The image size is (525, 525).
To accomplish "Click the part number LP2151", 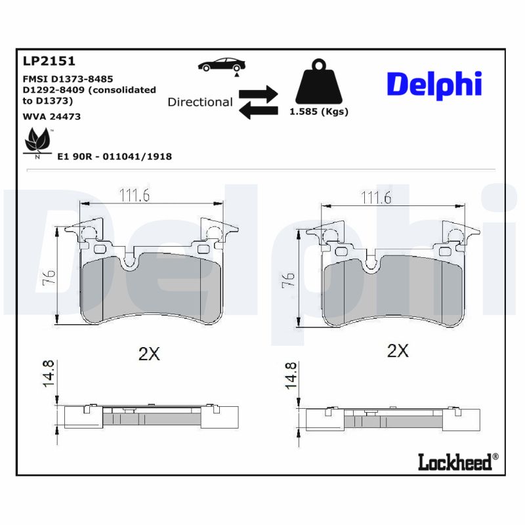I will click(49, 61).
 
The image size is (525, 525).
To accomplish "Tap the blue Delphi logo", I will click(434, 84).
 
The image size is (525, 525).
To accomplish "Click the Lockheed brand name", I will click(455, 462).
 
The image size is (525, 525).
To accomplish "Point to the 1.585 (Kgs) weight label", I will click(319, 112).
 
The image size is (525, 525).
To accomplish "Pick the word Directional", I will click(200, 102).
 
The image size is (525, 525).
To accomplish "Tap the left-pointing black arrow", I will click(257, 111).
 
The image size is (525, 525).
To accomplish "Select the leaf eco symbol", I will click(37, 140).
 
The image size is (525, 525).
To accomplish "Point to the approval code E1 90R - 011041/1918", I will click(115, 156).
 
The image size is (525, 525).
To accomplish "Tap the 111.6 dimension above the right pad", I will click(377, 198).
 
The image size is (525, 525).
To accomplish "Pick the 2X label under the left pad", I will click(149, 354).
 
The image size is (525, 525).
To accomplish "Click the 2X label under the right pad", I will click(398, 351).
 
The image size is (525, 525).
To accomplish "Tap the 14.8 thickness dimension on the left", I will click(49, 374).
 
